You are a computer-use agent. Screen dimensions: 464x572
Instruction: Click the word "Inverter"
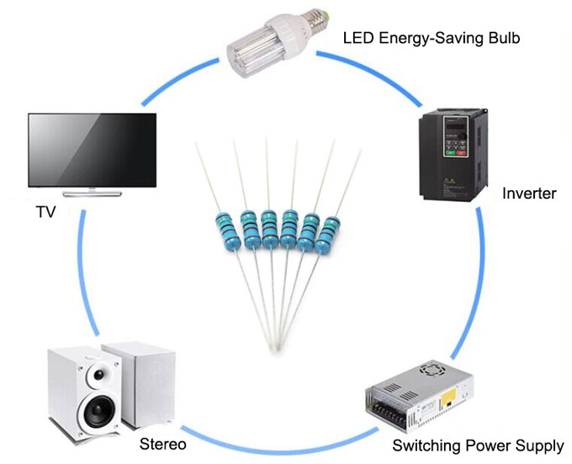coord(529,195)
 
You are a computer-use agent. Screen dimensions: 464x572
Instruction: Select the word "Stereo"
coord(162,444)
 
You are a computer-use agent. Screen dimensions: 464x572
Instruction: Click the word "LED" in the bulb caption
coord(358,38)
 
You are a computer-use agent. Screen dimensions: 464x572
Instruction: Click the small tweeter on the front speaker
coord(99,374)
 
